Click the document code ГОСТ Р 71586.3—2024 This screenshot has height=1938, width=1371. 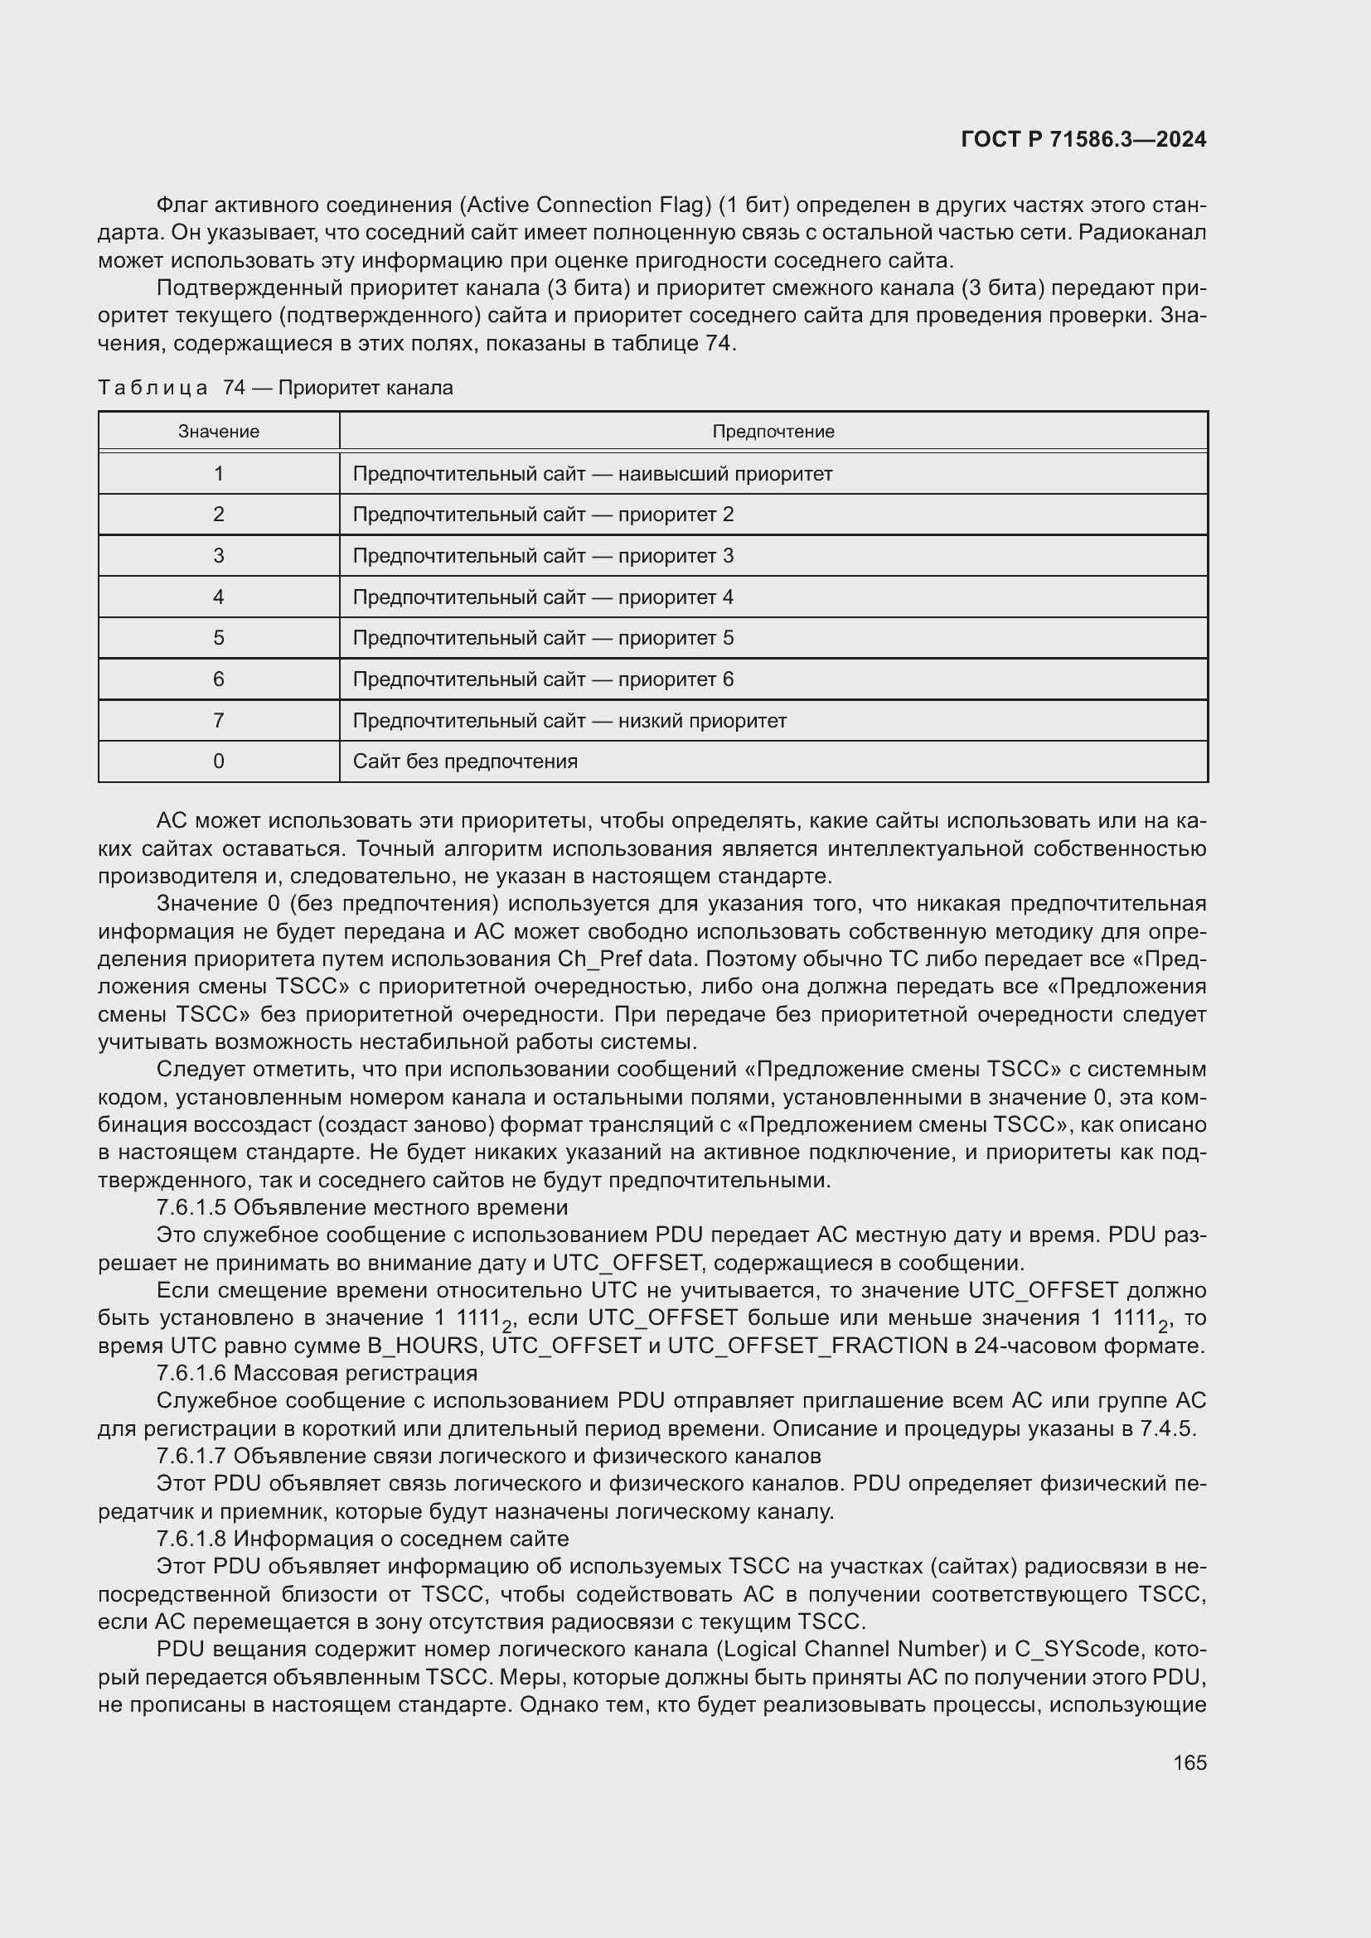(x=1083, y=139)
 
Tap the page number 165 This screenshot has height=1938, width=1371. (x=1189, y=1762)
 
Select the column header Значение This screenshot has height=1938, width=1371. (x=219, y=432)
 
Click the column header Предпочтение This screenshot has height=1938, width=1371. (x=773, y=432)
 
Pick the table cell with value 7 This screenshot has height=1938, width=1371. (x=219, y=721)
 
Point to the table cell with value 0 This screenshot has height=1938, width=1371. (x=219, y=761)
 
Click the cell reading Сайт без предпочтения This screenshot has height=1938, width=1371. (x=464, y=761)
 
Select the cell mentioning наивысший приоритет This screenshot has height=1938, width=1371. (x=592, y=474)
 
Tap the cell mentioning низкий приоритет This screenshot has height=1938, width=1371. (x=569, y=721)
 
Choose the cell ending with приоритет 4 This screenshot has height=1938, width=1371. (x=543, y=597)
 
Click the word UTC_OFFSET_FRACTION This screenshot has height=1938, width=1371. (x=807, y=1346)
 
